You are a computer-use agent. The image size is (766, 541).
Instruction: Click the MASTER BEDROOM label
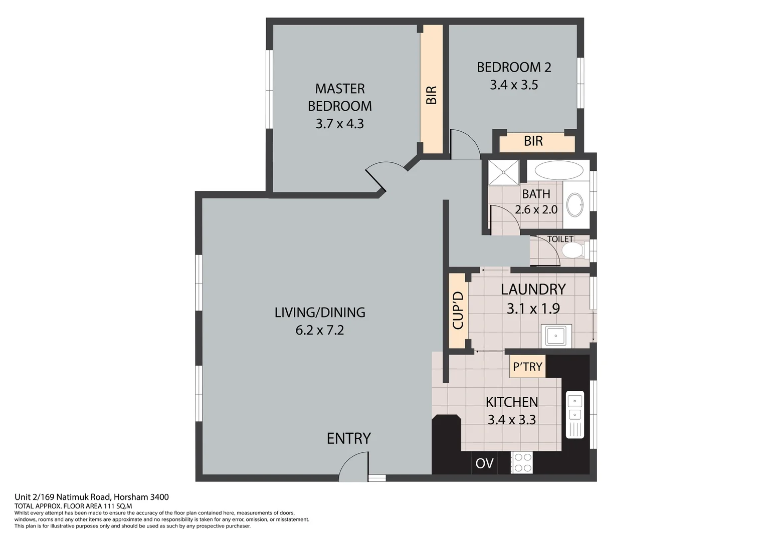(x=339, y=97)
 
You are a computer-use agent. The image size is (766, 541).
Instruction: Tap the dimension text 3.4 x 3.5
(x=514, y=85)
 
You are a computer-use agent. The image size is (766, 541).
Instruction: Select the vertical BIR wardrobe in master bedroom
(x=431, y=90)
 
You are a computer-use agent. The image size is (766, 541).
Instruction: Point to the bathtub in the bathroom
(x=558, y=171)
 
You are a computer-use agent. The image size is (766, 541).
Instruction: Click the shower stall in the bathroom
(x=503, y=172)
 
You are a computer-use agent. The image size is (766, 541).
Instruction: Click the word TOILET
(x=560, y=239)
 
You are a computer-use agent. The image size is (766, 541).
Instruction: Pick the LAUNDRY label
(x=533, y=289)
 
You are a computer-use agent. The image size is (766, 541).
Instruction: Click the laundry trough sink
(x=556, y=336)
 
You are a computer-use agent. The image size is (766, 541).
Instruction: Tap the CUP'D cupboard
(x=458, y=310)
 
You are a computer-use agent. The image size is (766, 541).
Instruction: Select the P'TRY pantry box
(x=527, y=367)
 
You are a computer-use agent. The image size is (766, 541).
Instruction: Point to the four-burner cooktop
(x=522, y=463)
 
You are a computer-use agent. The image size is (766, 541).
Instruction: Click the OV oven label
(x=484, y=463)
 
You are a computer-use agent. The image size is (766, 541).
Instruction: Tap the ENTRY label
(x=348, y=438)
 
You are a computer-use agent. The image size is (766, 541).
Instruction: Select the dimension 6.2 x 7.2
(x=319, y=330)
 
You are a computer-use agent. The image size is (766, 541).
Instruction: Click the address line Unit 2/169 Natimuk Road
(x=92, y=497)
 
